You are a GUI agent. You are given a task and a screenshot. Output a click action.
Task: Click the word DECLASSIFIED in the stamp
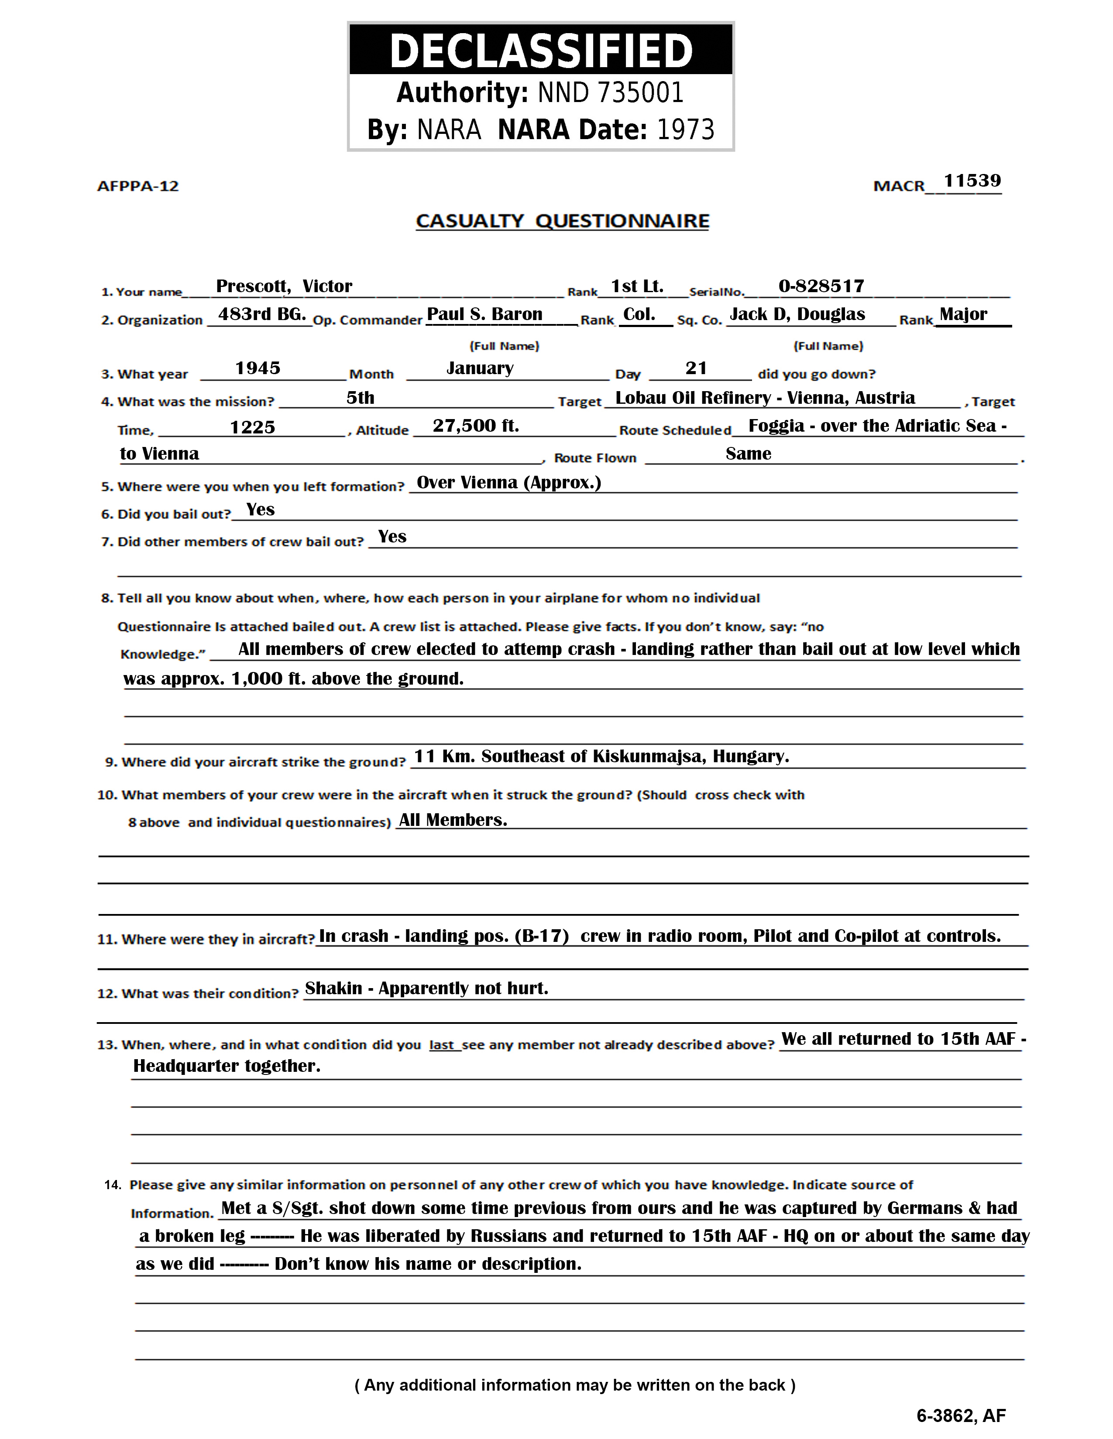click(541, 51)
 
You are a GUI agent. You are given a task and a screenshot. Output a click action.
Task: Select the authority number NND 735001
click(611, 93)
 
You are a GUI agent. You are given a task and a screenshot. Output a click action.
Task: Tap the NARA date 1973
click(686, 130)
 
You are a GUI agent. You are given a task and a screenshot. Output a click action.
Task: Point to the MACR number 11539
click(972, 181)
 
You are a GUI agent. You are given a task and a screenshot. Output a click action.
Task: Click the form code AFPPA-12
click(138, 187)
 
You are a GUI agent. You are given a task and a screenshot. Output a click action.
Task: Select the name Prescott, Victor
click(284, 286)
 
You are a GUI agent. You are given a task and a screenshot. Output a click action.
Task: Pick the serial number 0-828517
click(821, 286)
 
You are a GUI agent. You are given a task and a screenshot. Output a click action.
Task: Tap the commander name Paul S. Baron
click(484, 314)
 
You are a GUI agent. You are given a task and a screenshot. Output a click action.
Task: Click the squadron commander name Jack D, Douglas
click(797, 314)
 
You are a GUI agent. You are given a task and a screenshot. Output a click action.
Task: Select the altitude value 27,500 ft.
click(475, 426)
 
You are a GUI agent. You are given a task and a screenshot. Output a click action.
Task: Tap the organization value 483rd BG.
click(262, 314)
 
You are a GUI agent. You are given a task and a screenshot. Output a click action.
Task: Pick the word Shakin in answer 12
click(333, 988)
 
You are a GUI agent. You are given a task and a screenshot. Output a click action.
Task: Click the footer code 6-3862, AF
click(961, 1415)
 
